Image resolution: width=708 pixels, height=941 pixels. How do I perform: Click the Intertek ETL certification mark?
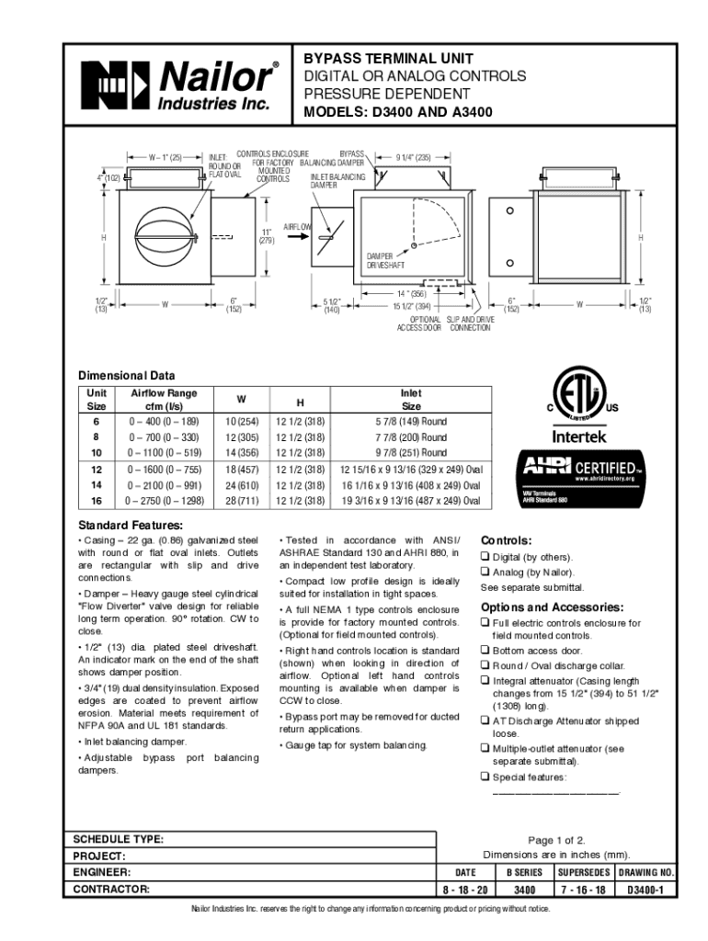click(578, 404)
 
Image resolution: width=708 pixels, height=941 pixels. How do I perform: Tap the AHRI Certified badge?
click(578, 478)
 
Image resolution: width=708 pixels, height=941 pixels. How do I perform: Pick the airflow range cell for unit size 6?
click(165, 422)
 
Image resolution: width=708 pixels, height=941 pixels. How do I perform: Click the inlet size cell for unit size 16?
click(411, 501)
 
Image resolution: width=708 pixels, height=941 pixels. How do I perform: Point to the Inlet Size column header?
click(411, 399)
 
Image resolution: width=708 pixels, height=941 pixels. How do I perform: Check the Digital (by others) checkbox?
click(484, 558)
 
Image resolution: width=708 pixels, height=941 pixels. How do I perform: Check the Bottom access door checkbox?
click(484, 651)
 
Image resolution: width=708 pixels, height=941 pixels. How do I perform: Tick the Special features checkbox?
click(484, 777)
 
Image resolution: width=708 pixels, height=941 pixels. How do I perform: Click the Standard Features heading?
click(129, 525)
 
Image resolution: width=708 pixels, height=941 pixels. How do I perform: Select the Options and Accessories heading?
click(552, 608)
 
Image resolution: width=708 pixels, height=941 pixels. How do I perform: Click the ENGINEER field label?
click(102, 872)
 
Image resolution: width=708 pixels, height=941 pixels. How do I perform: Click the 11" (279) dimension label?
click(267, 236)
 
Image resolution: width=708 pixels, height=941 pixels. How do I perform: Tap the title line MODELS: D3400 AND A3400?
click(398, 113)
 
